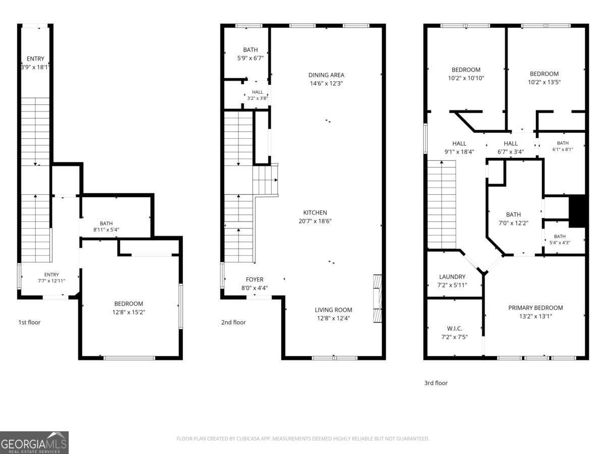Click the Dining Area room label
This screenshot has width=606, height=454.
[326, 75]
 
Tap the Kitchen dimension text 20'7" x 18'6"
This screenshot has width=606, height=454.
[315, 221]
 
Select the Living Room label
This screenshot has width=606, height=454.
[333, 310]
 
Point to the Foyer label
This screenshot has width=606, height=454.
[255, 279]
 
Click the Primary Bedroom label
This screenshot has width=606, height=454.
[536, 308]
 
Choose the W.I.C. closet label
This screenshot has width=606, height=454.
[454, 328]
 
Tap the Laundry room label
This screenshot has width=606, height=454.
[452, 276]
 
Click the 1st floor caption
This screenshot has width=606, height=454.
[29, 322]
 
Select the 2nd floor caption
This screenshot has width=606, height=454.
[233, 322]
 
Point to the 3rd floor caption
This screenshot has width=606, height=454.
[436, 383]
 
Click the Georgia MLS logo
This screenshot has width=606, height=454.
[34, 443]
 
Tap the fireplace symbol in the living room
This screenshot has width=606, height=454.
[378, 298]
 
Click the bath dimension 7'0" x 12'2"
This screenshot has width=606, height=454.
[513, 223]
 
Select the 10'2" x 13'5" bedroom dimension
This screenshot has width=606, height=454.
[544, 82]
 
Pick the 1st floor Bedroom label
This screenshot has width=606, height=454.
[129, 304]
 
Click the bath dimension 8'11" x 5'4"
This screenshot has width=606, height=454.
[106, 230]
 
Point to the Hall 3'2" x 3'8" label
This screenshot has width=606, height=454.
[258, 95]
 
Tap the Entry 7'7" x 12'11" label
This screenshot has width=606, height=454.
[52, 277]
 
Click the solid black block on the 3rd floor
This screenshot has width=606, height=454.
[577, 211]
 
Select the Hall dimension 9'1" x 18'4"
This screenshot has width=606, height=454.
[459, 152]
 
